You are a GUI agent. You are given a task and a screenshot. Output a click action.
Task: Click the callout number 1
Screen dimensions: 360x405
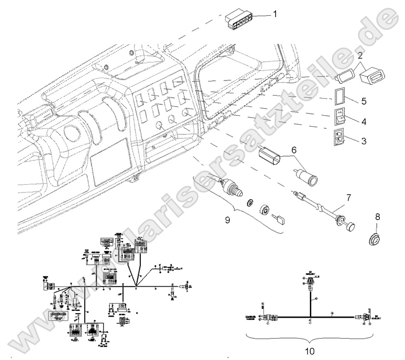pyautogui.click(x=275, y=15)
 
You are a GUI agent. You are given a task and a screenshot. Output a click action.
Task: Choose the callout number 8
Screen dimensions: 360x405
pyautogui.click(x=378, y=216)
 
